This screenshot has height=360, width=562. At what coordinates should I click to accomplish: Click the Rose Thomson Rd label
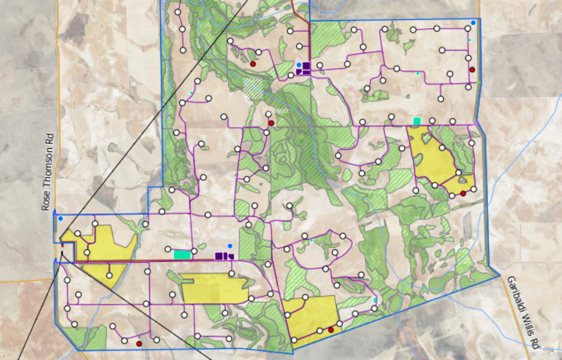pyautogui.click(x=48, y=172)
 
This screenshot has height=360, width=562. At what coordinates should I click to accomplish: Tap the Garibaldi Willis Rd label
pyautogui.click(x=522, y=312)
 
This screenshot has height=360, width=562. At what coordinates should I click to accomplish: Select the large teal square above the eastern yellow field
pyautogui.click(x=416, y=121)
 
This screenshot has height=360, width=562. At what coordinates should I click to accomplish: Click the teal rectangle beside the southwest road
pyautogui.click(x=182, y=255)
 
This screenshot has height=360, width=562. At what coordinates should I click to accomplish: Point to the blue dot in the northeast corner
pyautogui.click(x=473, y=22)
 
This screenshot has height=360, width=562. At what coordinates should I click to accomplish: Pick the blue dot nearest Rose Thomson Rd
pyautogui.click(x=61, y=218)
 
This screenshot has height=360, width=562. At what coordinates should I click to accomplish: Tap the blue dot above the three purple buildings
pyautogui.click(x=229, y=246)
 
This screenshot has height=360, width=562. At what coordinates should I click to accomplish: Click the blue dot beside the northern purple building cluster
pyautogui.click(x=298, y=65)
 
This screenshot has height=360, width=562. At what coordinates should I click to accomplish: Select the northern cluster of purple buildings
pyautogui.click(x=303, y=70)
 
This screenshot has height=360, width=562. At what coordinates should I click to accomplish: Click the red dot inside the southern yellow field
pyautogui.click(x=331, y=330)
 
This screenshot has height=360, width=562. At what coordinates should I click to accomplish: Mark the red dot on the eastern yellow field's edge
pyautogui.click(x=463, y=193)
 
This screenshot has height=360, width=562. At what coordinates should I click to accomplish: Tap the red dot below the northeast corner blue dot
pyautogui.click(x=472, y=70)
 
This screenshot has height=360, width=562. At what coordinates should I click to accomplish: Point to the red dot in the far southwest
pyautogui.click(x=139, y=343)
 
